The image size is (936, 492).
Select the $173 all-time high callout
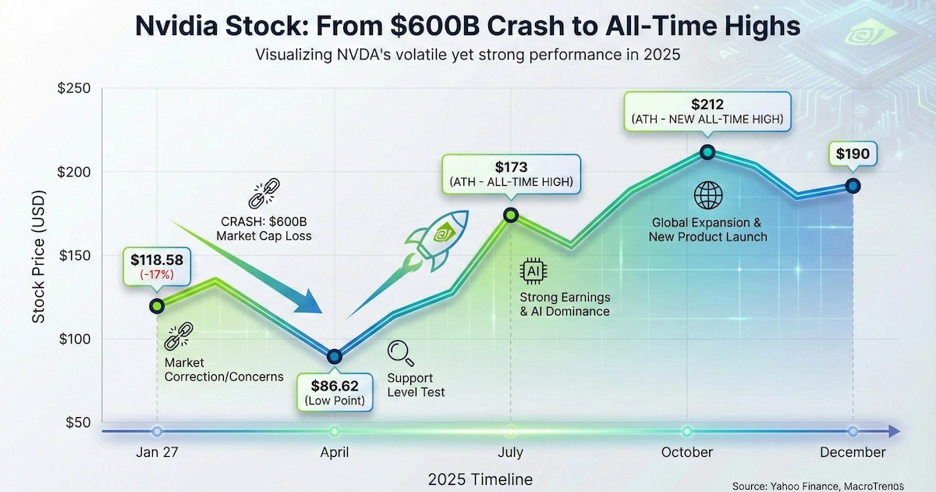coord(511,174)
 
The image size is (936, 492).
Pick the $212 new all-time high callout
coord(707,111)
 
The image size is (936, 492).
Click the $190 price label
coord(852,154)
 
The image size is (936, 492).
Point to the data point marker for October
coord(707,152)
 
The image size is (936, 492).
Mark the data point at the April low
coord(335,356)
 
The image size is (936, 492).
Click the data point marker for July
coord(511,215)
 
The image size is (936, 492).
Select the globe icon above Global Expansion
coord(707,195)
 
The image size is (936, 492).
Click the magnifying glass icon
coord(402,353)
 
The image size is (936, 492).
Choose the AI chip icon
coord(534,271)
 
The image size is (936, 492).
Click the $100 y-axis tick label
coord(74,339)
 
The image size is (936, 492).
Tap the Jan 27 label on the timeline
coord(157,453)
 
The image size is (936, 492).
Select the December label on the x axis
coord(852,453)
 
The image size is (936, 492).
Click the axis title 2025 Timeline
coord(480,479)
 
